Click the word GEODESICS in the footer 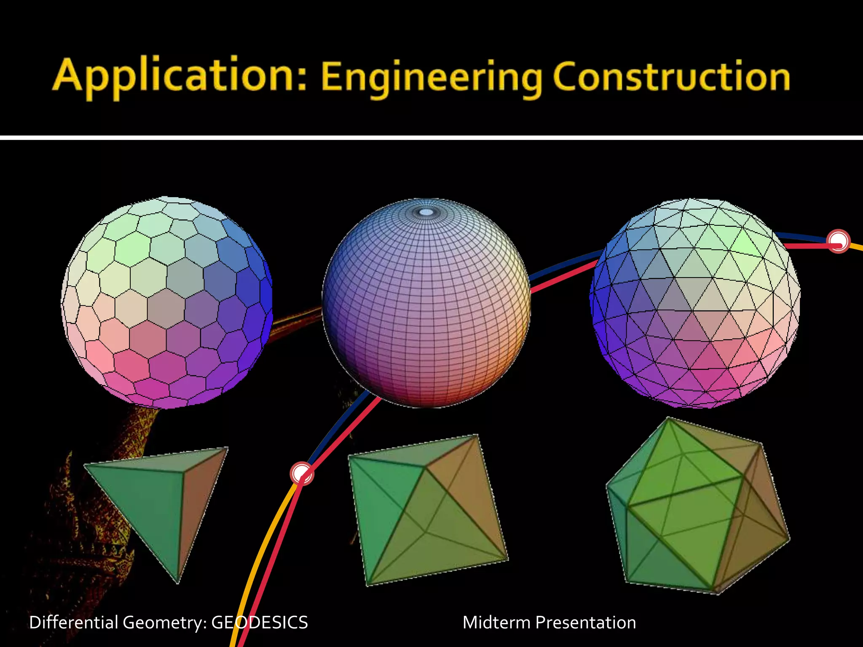point(259,623)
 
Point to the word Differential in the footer point(73,623)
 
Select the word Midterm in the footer point(496,623)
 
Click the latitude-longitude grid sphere point(426,303)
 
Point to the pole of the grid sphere point(426,212)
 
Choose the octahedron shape point(428,510)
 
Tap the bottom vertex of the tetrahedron point(177,582)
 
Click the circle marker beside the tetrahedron point(302,473)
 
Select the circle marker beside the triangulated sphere point(838,241)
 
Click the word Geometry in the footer point(162,623)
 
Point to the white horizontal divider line point(431,137)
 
